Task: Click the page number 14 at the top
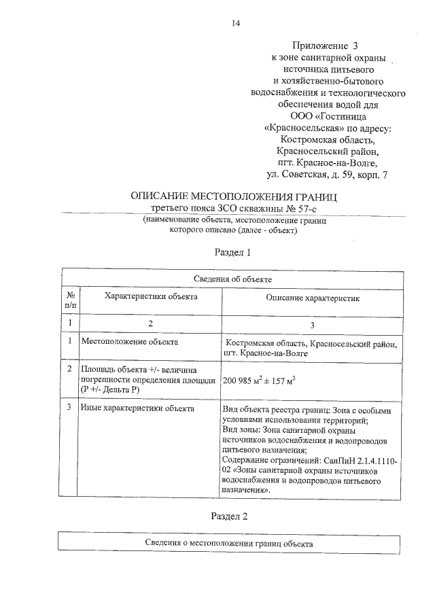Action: [x=235, y=22]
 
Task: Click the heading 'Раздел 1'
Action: [x=233, y=252]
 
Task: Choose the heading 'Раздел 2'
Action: [x=232, y=516]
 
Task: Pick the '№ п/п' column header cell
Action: [x=70, y=300]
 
